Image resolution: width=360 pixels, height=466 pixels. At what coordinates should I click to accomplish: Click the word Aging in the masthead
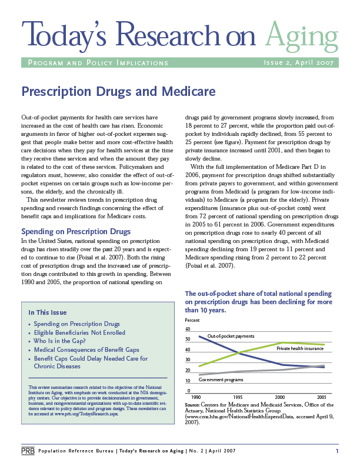click(302, 36)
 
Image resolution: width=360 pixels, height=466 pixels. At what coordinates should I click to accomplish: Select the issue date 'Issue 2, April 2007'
click(298, 62)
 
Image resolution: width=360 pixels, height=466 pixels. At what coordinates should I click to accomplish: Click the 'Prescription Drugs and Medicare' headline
click(118, 92)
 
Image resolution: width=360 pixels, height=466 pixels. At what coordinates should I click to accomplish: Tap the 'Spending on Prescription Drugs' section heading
click(76, 231)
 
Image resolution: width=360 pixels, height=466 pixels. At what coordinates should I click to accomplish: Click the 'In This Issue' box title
click(48, 312)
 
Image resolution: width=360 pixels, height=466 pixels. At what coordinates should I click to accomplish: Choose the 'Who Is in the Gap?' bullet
click(59, 341)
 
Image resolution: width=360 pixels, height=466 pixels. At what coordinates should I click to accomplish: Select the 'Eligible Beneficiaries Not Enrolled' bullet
click(79, 332)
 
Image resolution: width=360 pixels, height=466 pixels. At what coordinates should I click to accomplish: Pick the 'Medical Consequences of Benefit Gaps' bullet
click(86, 350)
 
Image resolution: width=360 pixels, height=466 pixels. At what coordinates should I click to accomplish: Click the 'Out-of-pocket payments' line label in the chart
click(231, 336)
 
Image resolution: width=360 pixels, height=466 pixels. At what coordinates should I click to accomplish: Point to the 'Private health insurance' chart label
click(300, 348)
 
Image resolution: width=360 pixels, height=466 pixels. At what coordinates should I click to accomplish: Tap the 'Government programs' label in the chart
click(221, 380)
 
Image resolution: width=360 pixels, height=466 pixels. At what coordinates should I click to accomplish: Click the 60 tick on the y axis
click(188, 329)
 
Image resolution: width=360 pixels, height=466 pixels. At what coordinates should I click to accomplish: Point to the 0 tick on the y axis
click(189, 391)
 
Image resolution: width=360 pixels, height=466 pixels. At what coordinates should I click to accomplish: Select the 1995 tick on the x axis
click(238, 397)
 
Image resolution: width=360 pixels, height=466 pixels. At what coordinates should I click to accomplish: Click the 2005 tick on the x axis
click(322, 397)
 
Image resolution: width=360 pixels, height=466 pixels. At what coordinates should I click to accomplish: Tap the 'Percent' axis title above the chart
click(192, 320)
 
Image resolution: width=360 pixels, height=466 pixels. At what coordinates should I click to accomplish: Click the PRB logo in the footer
click(28, 451)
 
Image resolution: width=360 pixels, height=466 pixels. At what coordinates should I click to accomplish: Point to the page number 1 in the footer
click(337, 451)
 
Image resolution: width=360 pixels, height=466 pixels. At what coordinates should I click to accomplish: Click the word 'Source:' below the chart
click(192, 405)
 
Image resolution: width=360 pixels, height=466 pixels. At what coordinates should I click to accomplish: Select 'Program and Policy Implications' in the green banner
click(98, 63)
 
